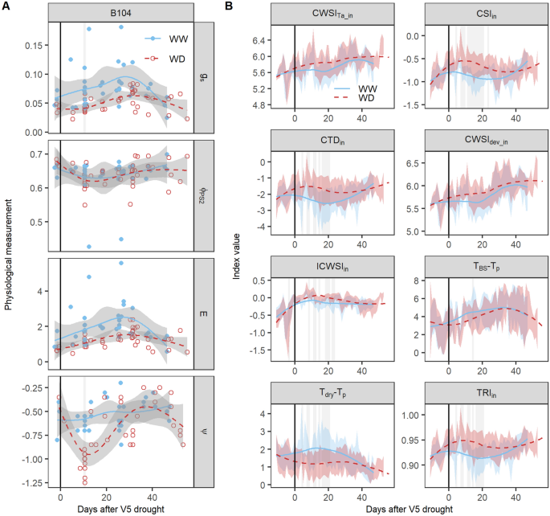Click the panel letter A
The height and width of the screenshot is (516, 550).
tap(6, 6)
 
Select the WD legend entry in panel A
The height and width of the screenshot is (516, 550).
tap(165, 58)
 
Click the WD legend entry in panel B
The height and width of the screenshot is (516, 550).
tap(338, 98)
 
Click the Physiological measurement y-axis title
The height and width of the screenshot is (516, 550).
tap(8, 257)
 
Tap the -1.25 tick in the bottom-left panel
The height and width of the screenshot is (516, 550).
tap(31, 481)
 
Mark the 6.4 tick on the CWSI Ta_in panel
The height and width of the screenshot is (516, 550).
tap(260, 40)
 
